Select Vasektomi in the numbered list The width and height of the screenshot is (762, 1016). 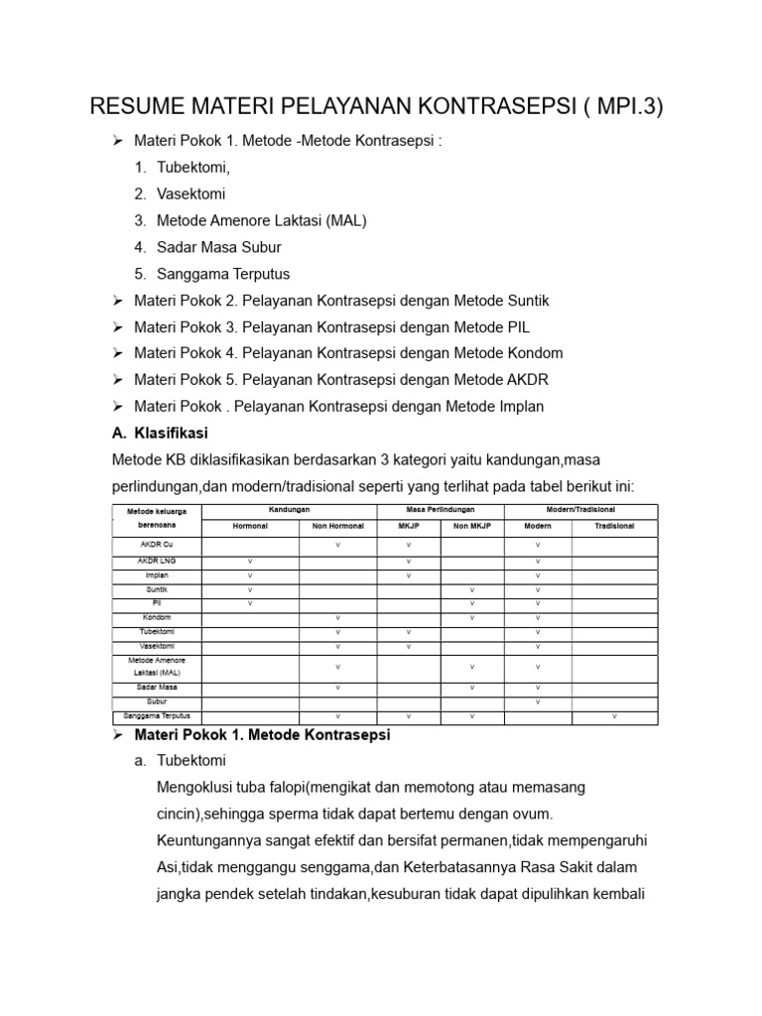192,193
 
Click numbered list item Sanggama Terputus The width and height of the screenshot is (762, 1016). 223,274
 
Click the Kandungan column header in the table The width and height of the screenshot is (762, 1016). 290,509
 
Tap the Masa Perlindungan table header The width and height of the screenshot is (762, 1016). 441,509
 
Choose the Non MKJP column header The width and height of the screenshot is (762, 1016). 472,526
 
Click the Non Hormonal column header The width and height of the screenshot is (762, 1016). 338,526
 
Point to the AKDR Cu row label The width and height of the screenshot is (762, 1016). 156,546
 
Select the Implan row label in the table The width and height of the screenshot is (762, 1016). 156,575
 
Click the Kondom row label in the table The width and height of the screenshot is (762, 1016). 156,617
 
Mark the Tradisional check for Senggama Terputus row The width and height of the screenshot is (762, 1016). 614,715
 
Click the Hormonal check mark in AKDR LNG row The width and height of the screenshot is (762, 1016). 250,562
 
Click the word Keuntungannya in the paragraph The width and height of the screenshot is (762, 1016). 204,840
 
